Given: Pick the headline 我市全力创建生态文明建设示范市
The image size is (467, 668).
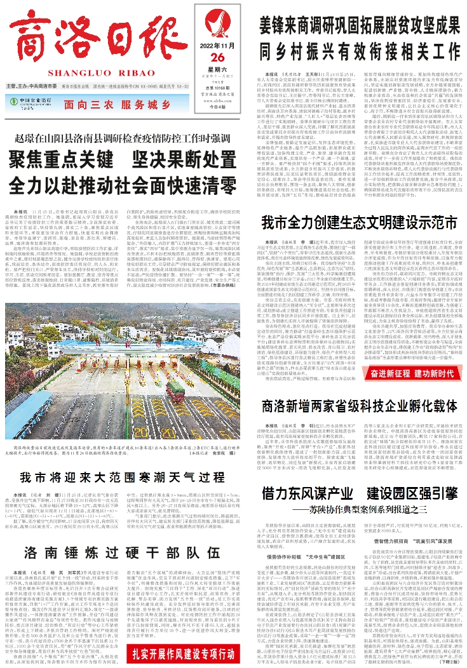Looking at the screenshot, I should [x=360, y=223].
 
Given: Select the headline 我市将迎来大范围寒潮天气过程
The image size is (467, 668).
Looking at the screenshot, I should [x=127, y=461].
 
